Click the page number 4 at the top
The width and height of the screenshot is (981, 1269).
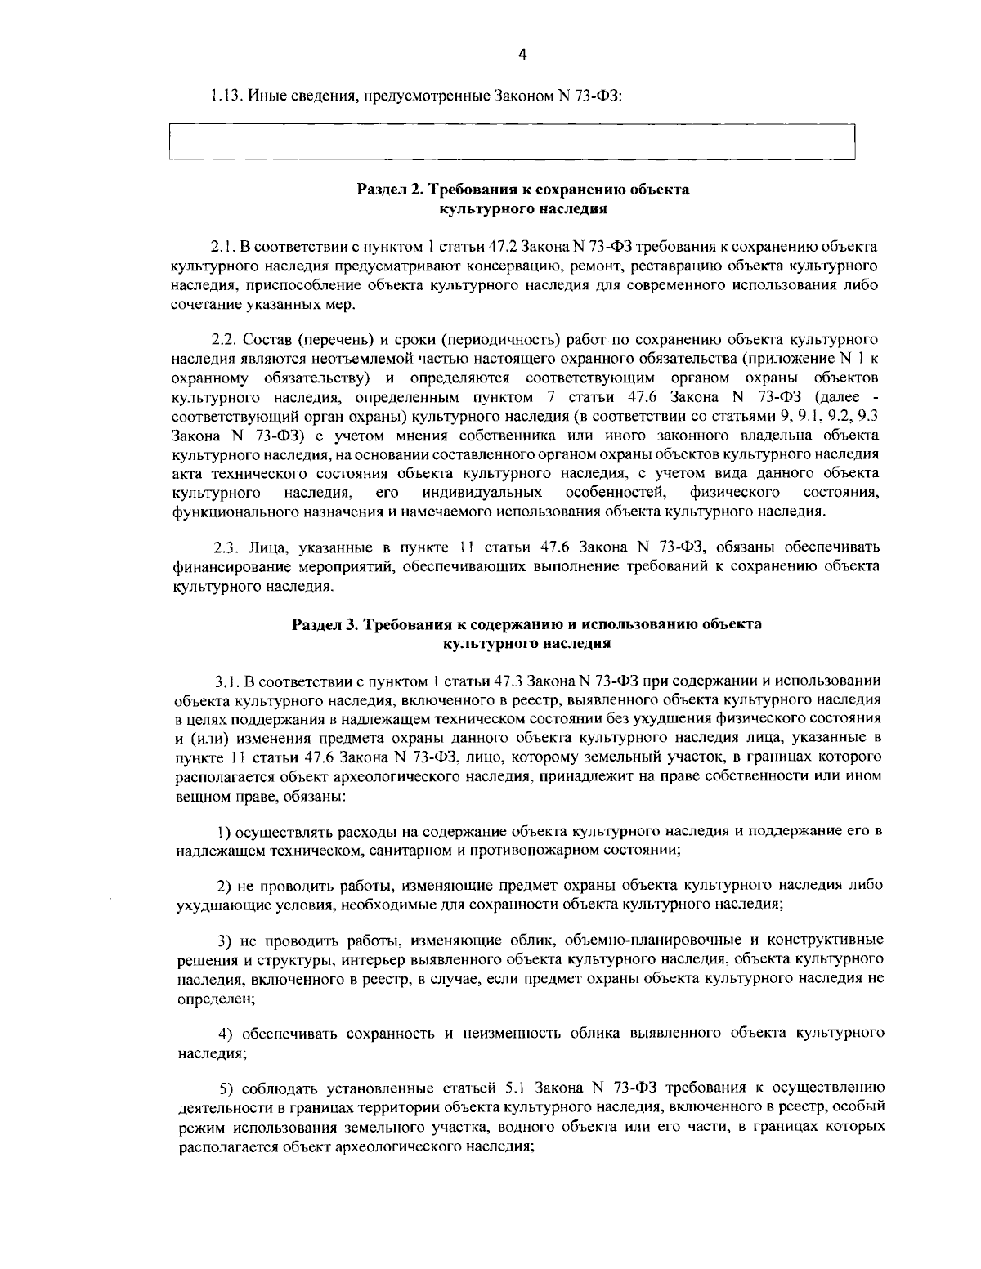(522, 55)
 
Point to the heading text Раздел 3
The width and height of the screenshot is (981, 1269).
(325, 625)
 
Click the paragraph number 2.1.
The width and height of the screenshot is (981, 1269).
(223, 246)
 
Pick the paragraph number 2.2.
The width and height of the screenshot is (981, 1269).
(223, 339)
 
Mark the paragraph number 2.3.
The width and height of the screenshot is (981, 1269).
(225, 547)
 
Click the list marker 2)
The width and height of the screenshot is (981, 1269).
(224, 886)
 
